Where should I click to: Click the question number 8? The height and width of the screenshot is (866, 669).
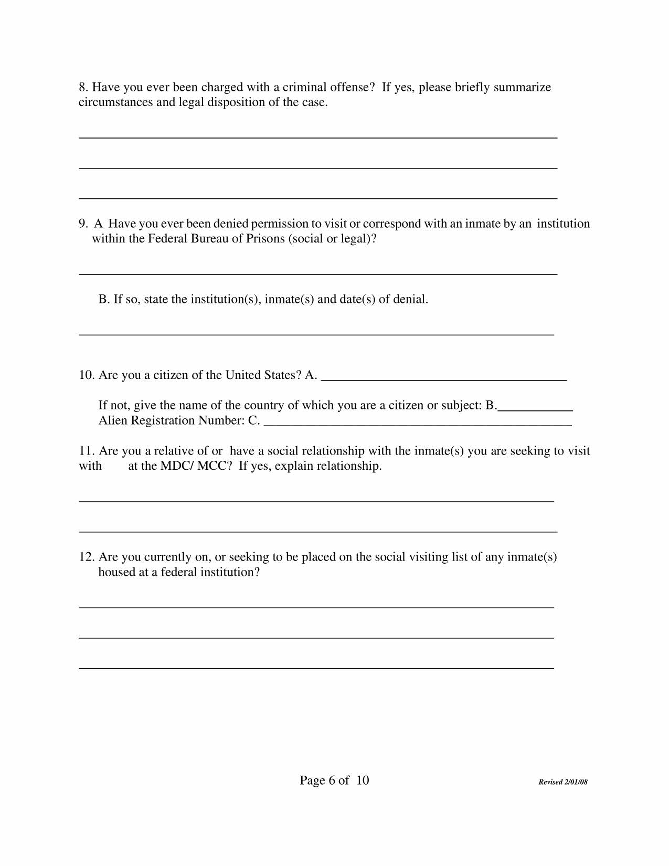(83, 87)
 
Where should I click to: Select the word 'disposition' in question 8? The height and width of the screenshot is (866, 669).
(236, 102)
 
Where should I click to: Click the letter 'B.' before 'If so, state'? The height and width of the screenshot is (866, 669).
(104, 300)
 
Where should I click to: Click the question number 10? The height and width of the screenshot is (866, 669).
(87, 375)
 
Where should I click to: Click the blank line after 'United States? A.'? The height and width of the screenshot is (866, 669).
(443, 378)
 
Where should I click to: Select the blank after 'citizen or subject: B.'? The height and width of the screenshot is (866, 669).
(535, 408)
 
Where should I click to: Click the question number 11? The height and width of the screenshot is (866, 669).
(87, 451)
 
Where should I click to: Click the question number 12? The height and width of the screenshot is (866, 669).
(87, 557)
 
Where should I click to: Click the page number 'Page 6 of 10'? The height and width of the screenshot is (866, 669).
(334, 780)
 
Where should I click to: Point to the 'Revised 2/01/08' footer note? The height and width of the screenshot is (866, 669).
(563, 782)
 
